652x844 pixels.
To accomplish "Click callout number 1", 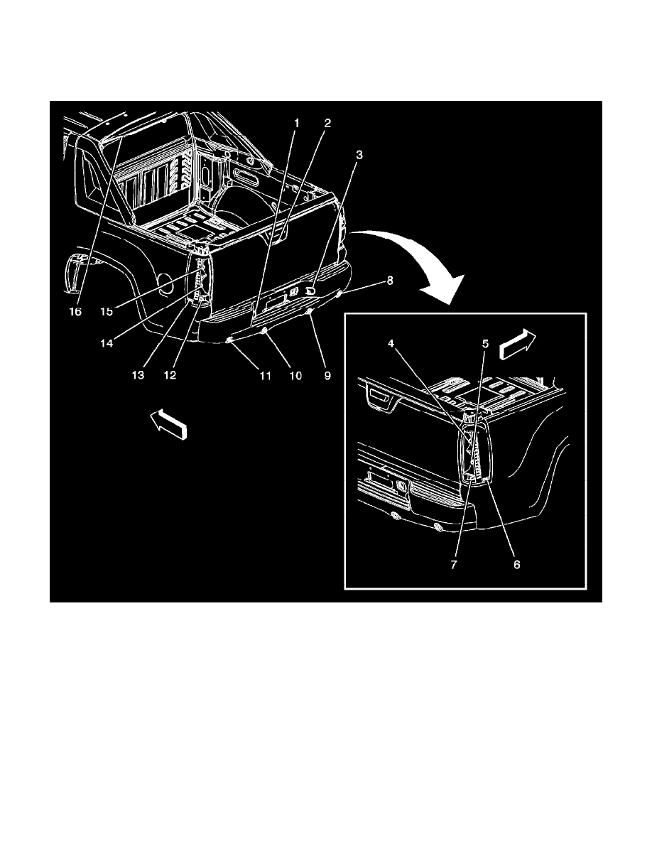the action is tap(296, 124).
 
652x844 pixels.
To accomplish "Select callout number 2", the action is tap(327, 124).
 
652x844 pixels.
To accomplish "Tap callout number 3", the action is tap(359, 155).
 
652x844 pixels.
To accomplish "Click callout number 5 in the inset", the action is tap(485, 343).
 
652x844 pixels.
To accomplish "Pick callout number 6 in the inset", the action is tap(517, 565).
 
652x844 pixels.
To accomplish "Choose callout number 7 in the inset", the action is tap(454, 565).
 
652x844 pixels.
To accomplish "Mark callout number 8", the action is tap(389, 281).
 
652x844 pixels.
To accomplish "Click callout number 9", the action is tap(327, 376).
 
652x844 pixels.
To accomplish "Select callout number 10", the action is tap(296, 376).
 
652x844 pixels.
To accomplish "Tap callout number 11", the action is tap(265, 376).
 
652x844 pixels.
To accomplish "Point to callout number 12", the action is tap(170, 375).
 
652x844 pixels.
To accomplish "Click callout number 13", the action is tap(138, 375).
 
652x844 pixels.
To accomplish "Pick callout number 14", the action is tap(107, 343).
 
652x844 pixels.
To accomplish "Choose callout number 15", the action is tap(107, 312).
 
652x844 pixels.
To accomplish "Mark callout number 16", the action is tap(75, 312).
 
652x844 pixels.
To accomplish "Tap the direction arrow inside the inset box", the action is tap(518, 345).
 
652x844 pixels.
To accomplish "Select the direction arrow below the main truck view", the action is tap(168, 425).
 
